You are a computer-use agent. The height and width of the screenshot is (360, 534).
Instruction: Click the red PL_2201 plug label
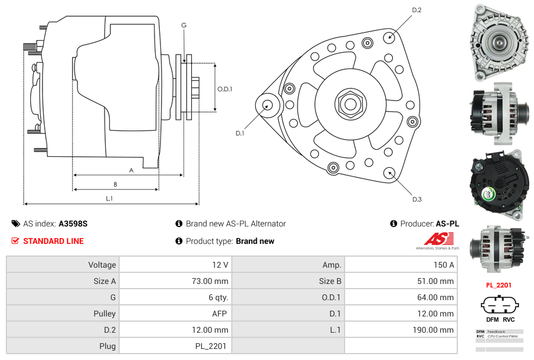pos(499,285)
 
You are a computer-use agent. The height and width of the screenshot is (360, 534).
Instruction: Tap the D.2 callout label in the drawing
pos(417,10)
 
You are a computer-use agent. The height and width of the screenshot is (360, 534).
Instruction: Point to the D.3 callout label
pos(417,199)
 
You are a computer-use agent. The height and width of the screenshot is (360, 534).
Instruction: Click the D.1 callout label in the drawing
pos(239,133)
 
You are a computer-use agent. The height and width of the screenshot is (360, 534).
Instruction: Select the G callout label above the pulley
pos(184,25)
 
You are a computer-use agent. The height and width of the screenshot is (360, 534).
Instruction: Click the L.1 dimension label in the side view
pos(109,199)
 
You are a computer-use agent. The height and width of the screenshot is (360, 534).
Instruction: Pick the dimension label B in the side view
pos(115,184)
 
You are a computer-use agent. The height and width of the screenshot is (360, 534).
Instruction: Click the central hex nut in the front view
pos(350,104)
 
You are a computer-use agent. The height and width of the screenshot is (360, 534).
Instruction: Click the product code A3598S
pos(73,224)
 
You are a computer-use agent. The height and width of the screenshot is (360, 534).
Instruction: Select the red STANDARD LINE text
pos(53,241)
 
